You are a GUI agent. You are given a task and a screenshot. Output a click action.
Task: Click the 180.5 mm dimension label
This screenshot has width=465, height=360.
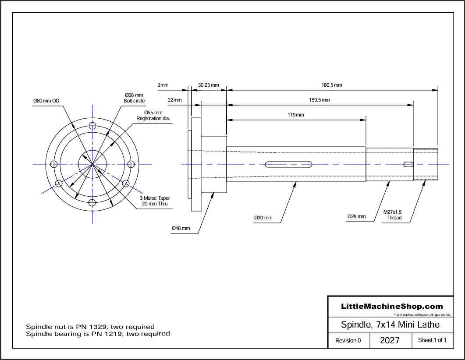click(331, 85)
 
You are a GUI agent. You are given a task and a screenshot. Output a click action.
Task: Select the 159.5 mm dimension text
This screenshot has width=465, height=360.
click(319, 100)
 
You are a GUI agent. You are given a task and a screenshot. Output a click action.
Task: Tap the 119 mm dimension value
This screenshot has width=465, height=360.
click(296, 115)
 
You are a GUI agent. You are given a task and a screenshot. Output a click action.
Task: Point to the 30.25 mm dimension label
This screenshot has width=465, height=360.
click(208, 85)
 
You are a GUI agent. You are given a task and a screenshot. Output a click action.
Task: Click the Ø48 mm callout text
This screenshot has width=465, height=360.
click(181, 228)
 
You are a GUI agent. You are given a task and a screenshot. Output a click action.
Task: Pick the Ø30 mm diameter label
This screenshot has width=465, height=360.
click(263, 218)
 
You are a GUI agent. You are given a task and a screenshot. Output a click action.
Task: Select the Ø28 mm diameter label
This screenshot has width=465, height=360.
click(356, 216)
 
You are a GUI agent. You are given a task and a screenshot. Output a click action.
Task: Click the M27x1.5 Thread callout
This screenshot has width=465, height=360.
click(393, 215)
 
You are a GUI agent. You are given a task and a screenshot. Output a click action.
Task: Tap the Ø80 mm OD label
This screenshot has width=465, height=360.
click(46, 101)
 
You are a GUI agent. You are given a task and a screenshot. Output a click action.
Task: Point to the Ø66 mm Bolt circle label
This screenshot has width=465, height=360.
click(134, 98)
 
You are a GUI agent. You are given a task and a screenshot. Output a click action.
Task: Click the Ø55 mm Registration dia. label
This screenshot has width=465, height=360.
click(153, 116)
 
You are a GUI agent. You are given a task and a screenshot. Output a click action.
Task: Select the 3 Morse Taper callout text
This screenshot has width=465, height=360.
click(155, 201)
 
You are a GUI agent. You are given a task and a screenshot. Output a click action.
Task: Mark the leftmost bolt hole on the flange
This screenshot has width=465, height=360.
click(54, 164)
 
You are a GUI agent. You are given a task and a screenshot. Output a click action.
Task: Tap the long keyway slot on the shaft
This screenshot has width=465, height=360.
click(288, 164)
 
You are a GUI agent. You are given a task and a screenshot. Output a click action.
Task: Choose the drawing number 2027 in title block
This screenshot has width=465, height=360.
click(390, 340)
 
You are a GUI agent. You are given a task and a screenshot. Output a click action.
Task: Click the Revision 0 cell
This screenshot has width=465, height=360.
click(348, 340)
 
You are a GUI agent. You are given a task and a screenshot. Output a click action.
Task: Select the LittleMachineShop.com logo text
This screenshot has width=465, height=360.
click(392, 307)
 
